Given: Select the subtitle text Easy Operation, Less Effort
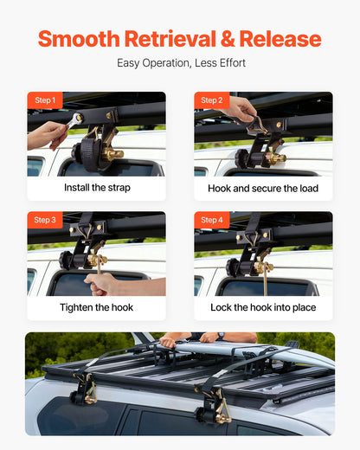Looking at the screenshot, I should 180,63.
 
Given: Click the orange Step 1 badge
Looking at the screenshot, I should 45,100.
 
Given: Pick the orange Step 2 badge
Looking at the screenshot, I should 211,100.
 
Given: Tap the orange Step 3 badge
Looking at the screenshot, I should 45,220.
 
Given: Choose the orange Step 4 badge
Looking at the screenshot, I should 211,220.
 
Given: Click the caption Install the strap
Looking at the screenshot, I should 97,188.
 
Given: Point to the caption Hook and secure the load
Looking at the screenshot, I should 263,188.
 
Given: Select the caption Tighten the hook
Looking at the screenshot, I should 97,307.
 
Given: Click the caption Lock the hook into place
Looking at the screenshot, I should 263,307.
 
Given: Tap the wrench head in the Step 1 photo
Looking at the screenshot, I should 77,119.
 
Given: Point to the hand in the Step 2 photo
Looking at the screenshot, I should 242,108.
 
